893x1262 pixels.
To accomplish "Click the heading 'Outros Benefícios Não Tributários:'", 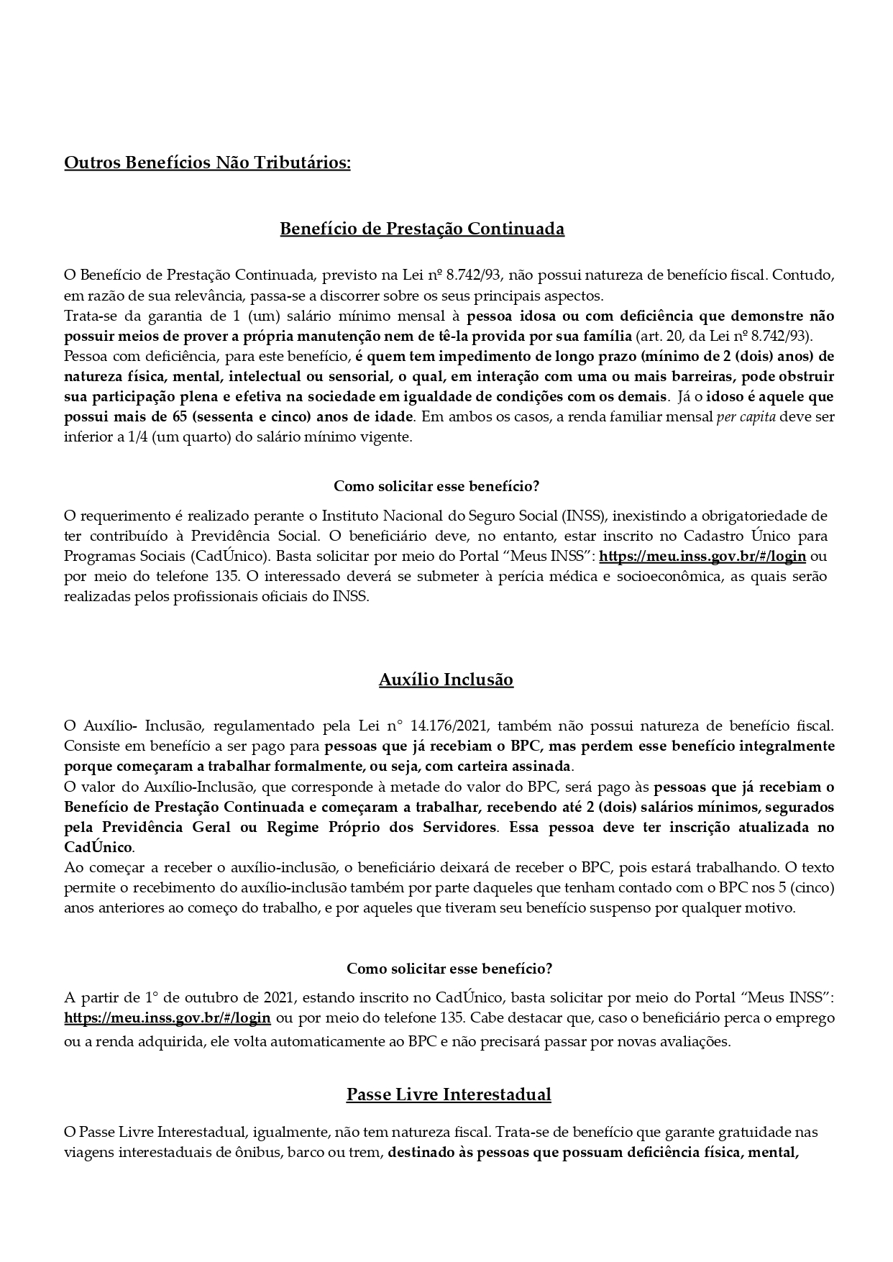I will [207, 163].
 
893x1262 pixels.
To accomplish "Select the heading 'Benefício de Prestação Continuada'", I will [421, 229].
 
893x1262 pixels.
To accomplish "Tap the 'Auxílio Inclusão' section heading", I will [446, 680].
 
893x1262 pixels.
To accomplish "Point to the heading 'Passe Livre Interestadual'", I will [449, 1094].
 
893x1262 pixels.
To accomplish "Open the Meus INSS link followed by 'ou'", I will [702, 556].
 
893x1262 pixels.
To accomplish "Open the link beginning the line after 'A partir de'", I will [168, 1018].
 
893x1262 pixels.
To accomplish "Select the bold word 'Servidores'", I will [457, 827].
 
